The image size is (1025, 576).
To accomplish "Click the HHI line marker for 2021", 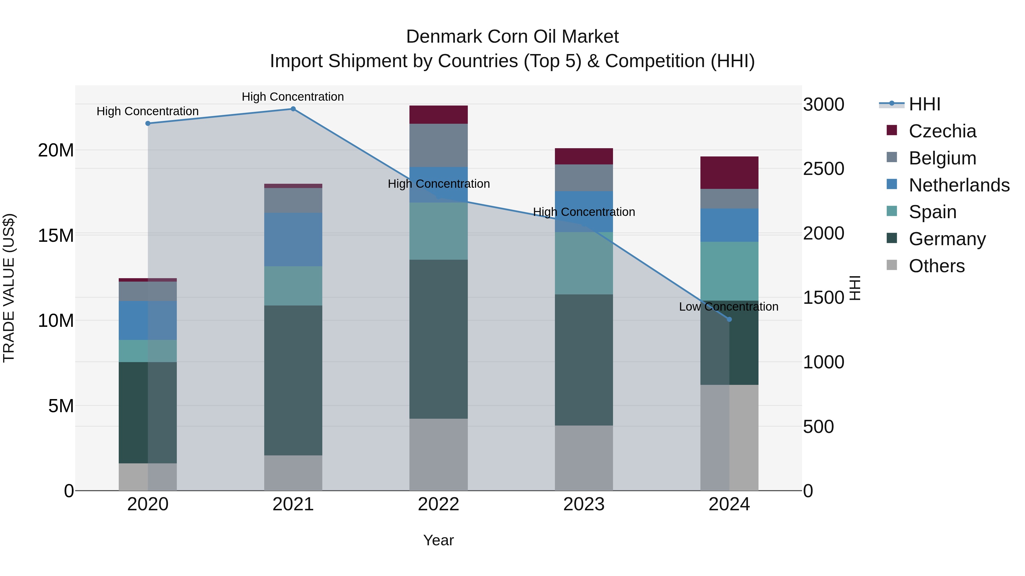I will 293,109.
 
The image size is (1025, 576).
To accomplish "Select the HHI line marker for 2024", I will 729,319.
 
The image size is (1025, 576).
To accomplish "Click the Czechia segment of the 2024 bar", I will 729,173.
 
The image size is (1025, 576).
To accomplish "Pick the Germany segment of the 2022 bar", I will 438,339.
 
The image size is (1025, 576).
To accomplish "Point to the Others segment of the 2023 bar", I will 584,458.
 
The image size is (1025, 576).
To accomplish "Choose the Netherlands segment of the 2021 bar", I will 293,239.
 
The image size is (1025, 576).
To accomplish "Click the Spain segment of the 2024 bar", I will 729,271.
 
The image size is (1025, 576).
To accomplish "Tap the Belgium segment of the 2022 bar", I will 438,145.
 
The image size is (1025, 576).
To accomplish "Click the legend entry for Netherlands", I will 959,185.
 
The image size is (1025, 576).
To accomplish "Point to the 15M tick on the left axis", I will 56,235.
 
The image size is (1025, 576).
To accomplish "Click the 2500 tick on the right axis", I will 823,169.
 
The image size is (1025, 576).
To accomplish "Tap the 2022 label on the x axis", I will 438,504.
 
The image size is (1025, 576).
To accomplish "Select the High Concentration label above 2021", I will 293,97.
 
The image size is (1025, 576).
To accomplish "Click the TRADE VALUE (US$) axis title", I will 9,288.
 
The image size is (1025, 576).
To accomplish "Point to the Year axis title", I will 438,540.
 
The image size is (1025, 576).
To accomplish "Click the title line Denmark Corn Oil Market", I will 512,37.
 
